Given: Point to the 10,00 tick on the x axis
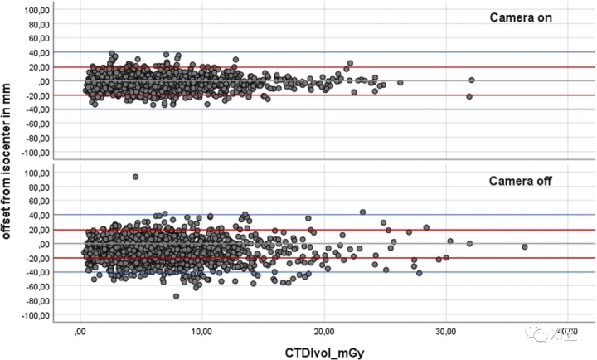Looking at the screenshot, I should point(201,331).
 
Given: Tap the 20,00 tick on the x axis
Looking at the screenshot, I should point(324,331).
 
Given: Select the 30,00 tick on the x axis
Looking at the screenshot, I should point(446,331).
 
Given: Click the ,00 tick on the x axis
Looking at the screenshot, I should point(80,331).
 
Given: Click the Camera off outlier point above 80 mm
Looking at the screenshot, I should point(135,177).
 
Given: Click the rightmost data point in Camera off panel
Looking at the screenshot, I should point(524,247).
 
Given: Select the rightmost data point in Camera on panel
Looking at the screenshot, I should point(471,80).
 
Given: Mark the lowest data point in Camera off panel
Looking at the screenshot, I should point(176,296).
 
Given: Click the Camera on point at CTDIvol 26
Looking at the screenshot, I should point(400,82).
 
